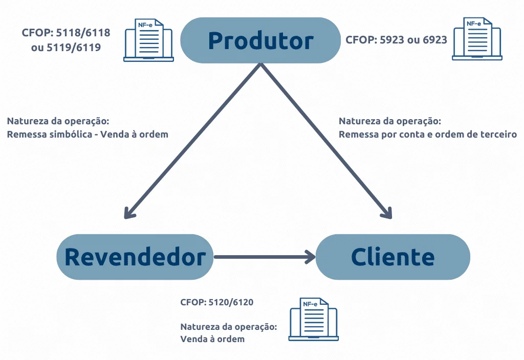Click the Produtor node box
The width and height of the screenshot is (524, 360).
pos(260,40)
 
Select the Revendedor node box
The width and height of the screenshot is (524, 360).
pos(135,257)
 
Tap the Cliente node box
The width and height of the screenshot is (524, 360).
pos(392,257)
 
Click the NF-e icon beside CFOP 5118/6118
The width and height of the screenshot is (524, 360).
pos(149,40)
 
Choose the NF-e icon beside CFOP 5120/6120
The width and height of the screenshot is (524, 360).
pos(313,319)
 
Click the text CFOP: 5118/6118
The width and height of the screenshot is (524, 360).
pos(66,33)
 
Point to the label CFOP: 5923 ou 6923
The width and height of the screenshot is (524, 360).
pos(396,39)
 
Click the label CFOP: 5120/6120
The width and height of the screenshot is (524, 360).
pos(216,302)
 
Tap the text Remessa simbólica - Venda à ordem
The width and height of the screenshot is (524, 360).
pos(88,134)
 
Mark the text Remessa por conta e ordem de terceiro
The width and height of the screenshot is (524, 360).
pos(428,134)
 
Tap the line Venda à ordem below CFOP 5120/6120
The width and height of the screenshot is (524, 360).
pos(212,339)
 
